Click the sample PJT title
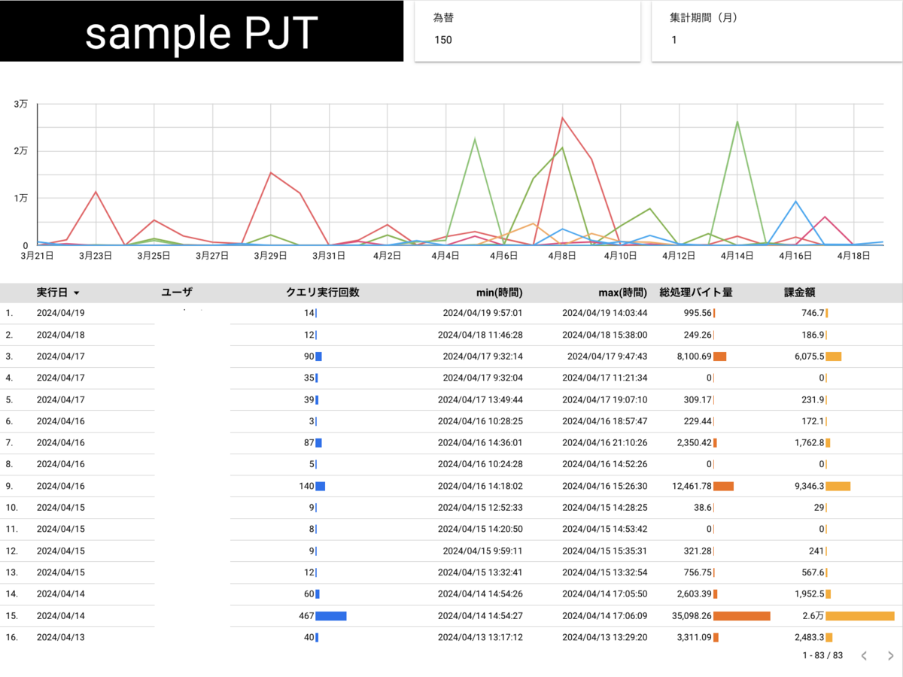pyautogui.click(x=201, y=33)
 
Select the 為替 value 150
pyautogui.click(x=443, y=40)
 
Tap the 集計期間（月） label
pyautogui.click(x=703, y=17)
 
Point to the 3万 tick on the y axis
pyautogui.click(x=20, y=105)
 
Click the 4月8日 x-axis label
pyautogui.click(x=562, y=256)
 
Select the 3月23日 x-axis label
pyautogui.click(x=96, y=256)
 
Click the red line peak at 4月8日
pyautogui.click(x=562, y=117)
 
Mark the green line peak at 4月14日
pyautogui.click(x=737, y=122)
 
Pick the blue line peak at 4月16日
pyautogui.click(x=795, y=201)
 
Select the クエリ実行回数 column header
pyautogui.click(x=323, y=293)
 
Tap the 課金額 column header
pyautogui.click(x=800, y=293)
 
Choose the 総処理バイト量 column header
pyautogui.click(x=696, y=293)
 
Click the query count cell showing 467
pyautogui.click(x=306, y=615)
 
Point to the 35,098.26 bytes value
pyautogui.click(x=692, y=615)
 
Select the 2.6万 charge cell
pyautogui.click(x=813, y=615)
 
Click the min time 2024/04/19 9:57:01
pyautogui.click(x=482, y=313)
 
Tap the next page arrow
pyautogui.click(x=891, y=656)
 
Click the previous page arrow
pyautogui.click(x=864, y=656)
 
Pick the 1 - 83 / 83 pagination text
pyautogui.click(x=822, y=656)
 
